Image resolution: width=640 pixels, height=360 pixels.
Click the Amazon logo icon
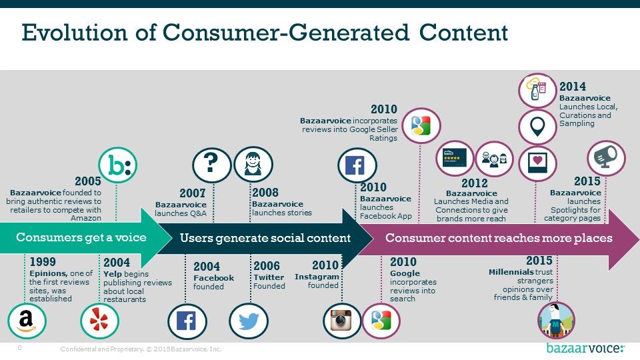tap(27, 321)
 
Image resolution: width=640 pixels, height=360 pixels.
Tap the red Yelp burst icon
tap(99, 321)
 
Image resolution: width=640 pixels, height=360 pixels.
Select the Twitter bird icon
tap(249, 321)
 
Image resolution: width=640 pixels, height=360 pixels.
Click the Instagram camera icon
tap(342, 321)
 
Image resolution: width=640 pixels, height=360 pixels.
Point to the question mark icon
tap(211, 165)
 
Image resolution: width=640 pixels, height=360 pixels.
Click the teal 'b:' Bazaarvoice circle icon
tap(117, 165)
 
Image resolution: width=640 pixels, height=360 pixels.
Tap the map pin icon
tap(537, 127)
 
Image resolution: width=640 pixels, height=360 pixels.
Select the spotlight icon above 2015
tap(606, 159)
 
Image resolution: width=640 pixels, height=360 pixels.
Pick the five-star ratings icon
tap(454, 159)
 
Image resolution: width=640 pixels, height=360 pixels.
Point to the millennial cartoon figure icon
tap(556, 321)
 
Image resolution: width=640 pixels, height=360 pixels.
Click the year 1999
tap(43, 261)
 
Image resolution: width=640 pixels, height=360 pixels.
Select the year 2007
tap(192, 193)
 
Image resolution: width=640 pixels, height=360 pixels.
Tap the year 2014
tap(572, 87)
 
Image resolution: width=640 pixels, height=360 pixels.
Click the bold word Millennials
tap(511, 272)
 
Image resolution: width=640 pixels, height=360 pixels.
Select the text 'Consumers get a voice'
tap(81, 237)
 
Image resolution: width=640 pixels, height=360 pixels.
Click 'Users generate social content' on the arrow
tap(265, 238)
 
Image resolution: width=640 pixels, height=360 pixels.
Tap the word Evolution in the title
tap(75, 32)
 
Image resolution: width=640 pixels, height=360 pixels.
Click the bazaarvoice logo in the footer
tap(585, 348)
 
